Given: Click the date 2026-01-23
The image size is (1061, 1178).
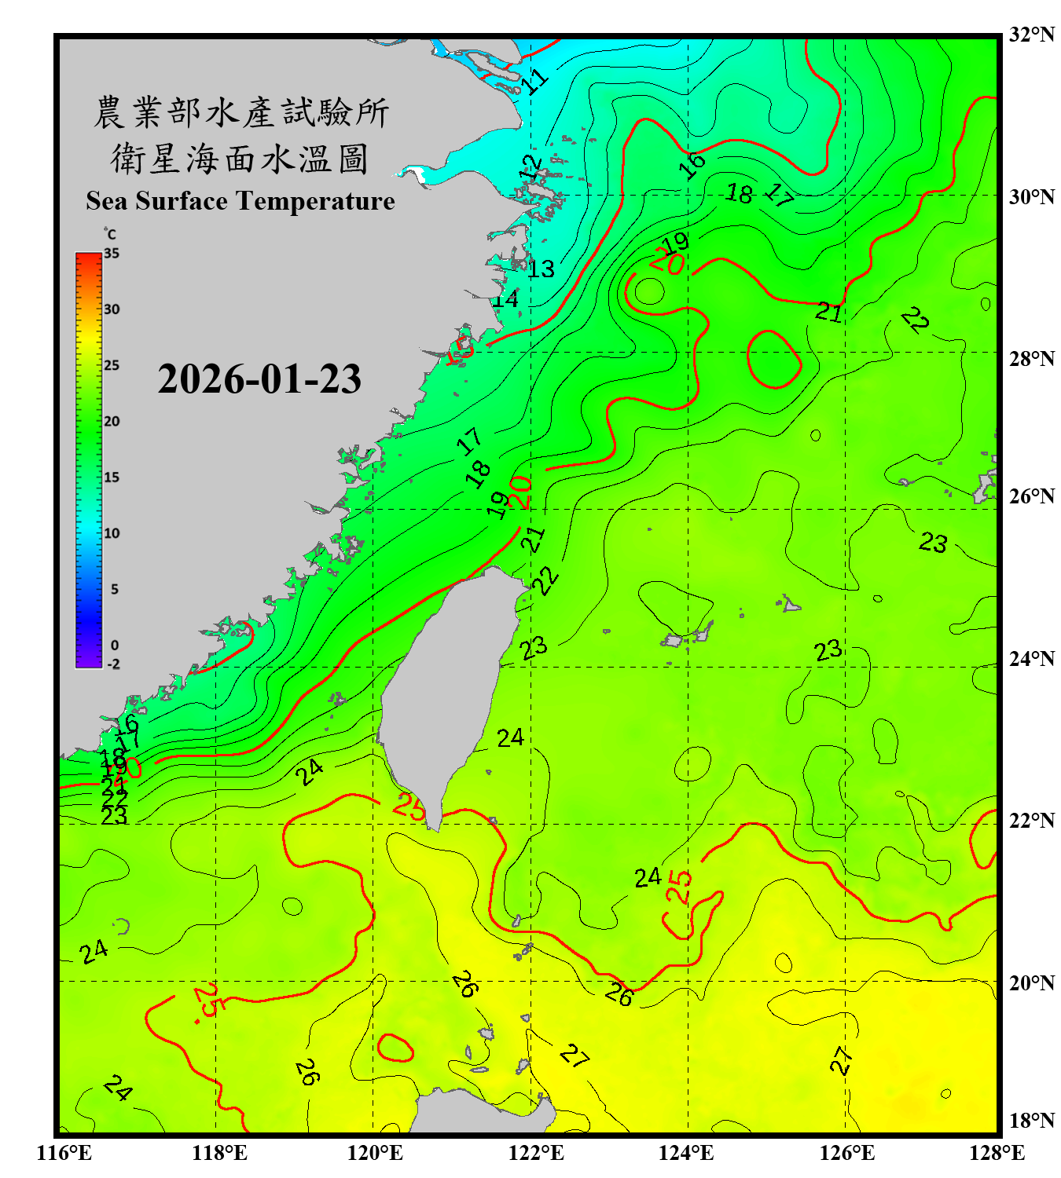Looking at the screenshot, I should click(x=259, y=379).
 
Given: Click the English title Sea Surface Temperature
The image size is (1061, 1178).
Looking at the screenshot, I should click(x=240, y=201).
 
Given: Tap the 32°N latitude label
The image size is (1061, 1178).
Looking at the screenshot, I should click(x=1031, y=35).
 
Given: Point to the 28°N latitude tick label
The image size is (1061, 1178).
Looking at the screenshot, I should click(x=1031, y=359).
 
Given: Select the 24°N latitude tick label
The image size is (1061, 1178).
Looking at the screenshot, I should click(x=1031, y=659).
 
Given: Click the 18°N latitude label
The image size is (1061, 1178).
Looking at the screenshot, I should click(x=1031, y=1121).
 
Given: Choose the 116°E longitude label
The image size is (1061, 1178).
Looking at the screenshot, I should click(x=64, y=1153).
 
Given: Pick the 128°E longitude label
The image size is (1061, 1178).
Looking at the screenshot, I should click(x=997, y=1153).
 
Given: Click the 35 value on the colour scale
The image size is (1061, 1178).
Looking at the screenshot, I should click(x=112, y=254).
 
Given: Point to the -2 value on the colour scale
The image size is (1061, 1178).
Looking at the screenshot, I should click(x=113, y=664).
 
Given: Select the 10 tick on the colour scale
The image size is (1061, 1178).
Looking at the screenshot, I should click(x=112, y=533).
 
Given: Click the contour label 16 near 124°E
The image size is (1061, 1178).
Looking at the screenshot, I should click(x=692, y=165).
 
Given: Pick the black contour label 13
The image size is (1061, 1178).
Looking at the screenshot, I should click(x=541, y=269).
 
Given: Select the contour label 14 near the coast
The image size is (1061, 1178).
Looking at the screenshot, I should click(x=505, y=299).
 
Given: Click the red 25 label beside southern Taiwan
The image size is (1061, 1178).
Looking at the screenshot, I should click(x=409, y=806).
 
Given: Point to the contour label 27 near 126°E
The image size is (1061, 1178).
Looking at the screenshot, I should click(x=841, y=1060).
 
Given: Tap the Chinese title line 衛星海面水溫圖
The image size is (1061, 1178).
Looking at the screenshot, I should click(x=240, y=159).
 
